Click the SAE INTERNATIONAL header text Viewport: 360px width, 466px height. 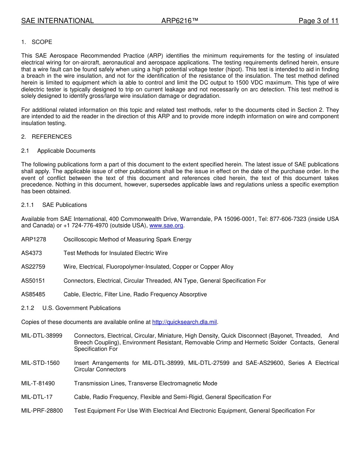pyautogui.click(x=57, y=21)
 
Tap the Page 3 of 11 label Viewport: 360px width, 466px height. pyautogui.click(x=318, y=21)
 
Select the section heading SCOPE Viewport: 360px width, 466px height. pyautogui.click(x=42, y=42)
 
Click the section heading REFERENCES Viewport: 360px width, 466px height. pyautogui.click(x=52, y=137)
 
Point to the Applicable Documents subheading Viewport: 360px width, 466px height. pyautogui.click(x=66, y=151)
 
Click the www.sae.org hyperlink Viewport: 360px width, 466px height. pyautogui.click(x=166, y=226)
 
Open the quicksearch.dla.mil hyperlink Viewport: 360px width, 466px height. pyautogui.click(x=185, y=322)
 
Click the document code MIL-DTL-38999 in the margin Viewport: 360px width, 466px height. pyautogui.click(x=42, y=336)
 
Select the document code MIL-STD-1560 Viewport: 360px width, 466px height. pyautogui.click(x=40, y=363)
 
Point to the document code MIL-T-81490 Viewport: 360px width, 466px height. pyautogui.click(x=38, y=383)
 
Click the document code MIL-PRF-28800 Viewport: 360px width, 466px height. pyautogui.click(x=42, y=411)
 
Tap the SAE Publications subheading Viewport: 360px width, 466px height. pyautogui.click(x=64, y=205)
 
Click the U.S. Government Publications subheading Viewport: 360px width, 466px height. pyautogui.click(x=81, y=308)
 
